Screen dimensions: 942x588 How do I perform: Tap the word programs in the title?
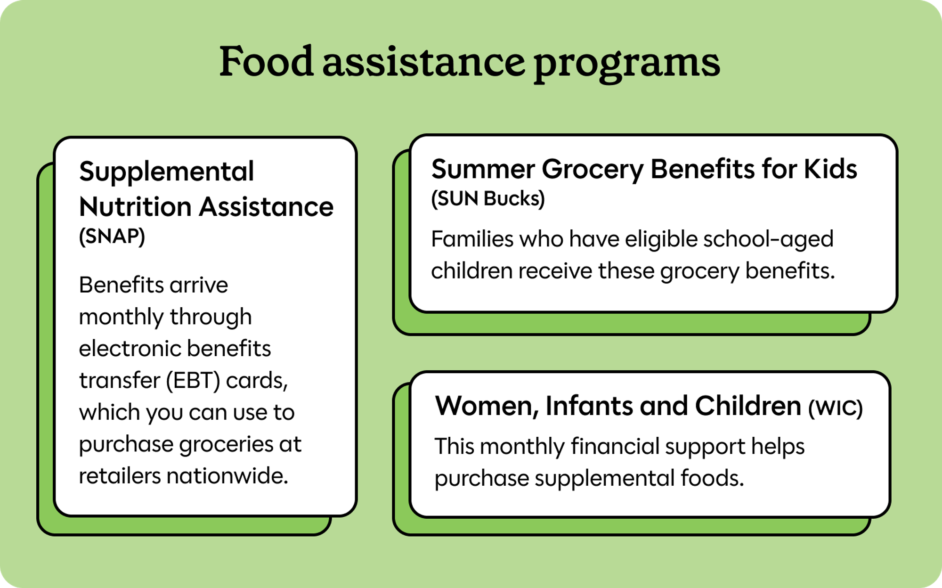tap(627, 65)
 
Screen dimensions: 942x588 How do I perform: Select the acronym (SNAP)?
tap(112, 236)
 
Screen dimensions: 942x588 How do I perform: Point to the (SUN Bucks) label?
tap(488, 198)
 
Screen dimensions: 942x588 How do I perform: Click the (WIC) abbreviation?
tap(836, 408)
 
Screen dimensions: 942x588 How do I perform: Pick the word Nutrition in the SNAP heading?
tap(135, 207)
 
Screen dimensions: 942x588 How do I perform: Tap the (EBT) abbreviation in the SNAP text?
tap(193, 381)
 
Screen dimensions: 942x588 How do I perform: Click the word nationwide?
tap(227, 476)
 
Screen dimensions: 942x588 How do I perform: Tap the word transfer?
tap(120, 381)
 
